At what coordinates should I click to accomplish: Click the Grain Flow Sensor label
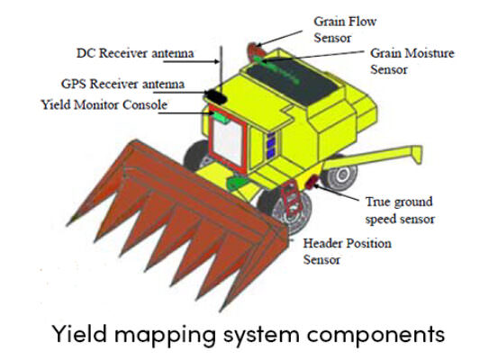[345, 30]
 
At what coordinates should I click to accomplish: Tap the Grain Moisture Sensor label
[412, 61]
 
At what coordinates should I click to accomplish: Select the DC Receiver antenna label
[135, 53]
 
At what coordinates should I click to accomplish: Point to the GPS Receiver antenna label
[122, 84]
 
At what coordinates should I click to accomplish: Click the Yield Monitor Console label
[104, 104]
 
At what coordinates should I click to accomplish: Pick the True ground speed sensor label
[400, 211]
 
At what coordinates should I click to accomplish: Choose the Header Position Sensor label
[347, 251]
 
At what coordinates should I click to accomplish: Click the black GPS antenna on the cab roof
[215, 96]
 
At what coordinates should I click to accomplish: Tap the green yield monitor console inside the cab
[221, 117]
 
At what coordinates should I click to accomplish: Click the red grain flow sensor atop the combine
[253, 49]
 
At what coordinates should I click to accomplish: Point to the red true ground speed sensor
[312, 182]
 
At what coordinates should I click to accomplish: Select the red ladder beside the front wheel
[291, 197]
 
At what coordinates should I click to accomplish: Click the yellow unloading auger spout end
[416, 154]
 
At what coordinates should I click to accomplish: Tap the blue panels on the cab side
[271, 145]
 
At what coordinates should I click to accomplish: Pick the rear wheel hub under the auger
[342, 175]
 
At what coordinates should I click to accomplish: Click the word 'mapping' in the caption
[165, 335]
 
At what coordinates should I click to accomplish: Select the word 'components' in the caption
[376, 335]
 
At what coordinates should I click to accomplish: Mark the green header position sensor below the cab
[237, 183]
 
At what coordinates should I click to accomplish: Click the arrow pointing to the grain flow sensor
[279, 38]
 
